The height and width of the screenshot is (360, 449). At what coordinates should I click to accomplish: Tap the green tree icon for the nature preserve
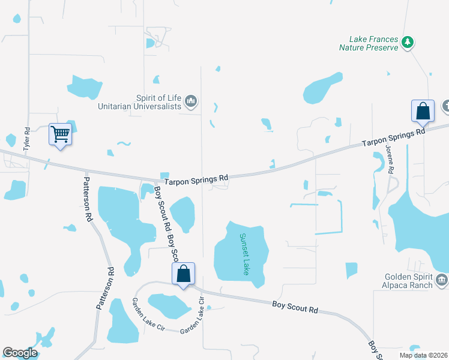[408, 42]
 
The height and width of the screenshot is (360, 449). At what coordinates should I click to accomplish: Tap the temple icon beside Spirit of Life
[191, 102]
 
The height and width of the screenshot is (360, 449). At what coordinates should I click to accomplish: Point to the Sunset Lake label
[244, 254]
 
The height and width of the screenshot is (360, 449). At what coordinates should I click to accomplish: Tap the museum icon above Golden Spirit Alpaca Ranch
[441, 279]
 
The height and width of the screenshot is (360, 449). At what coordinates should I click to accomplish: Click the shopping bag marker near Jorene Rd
[423, 111]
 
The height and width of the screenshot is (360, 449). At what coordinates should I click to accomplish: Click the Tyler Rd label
[26, 139]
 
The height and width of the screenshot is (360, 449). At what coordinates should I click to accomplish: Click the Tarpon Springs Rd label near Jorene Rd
[393, 137]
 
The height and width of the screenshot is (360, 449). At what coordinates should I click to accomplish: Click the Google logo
[20, 353]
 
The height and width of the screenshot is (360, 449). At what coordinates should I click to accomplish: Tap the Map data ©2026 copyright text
[422, 355]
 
